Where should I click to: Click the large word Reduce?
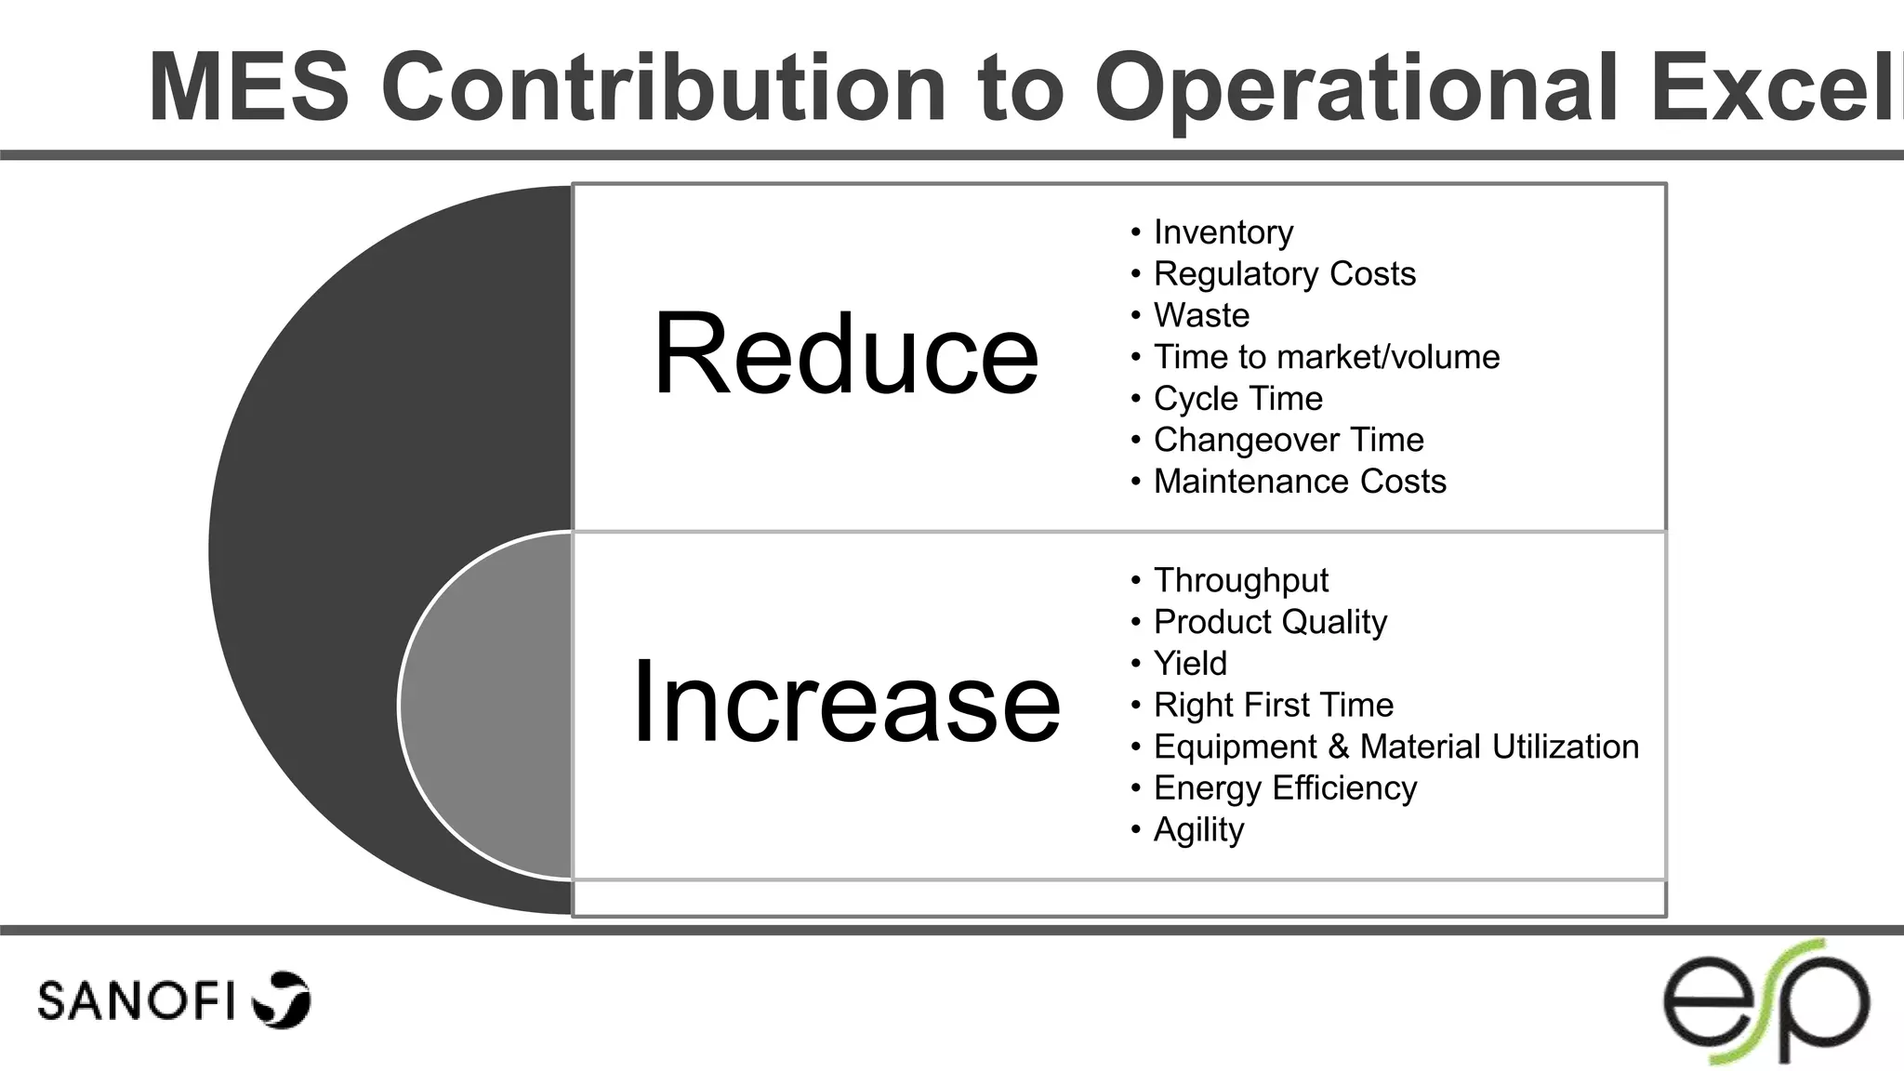845,354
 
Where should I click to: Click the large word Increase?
845,702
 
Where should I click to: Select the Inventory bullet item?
1223,232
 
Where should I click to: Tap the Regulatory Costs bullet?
1284,274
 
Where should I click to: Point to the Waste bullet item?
1201,315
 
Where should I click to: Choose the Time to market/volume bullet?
1326,357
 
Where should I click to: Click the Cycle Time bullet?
1237,399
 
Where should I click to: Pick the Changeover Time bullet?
1288,440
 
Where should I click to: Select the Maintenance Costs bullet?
1299,482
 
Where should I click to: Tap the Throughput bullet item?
1240,580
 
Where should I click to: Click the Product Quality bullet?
1270,622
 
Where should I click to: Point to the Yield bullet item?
1190,664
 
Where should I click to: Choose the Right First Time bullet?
1273,705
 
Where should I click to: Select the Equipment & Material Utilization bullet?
1395,747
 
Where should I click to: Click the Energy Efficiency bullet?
1285,788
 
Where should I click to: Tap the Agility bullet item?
1198,829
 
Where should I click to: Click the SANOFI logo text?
136,1000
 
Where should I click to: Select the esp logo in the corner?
1765,1002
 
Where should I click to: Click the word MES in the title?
248,88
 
